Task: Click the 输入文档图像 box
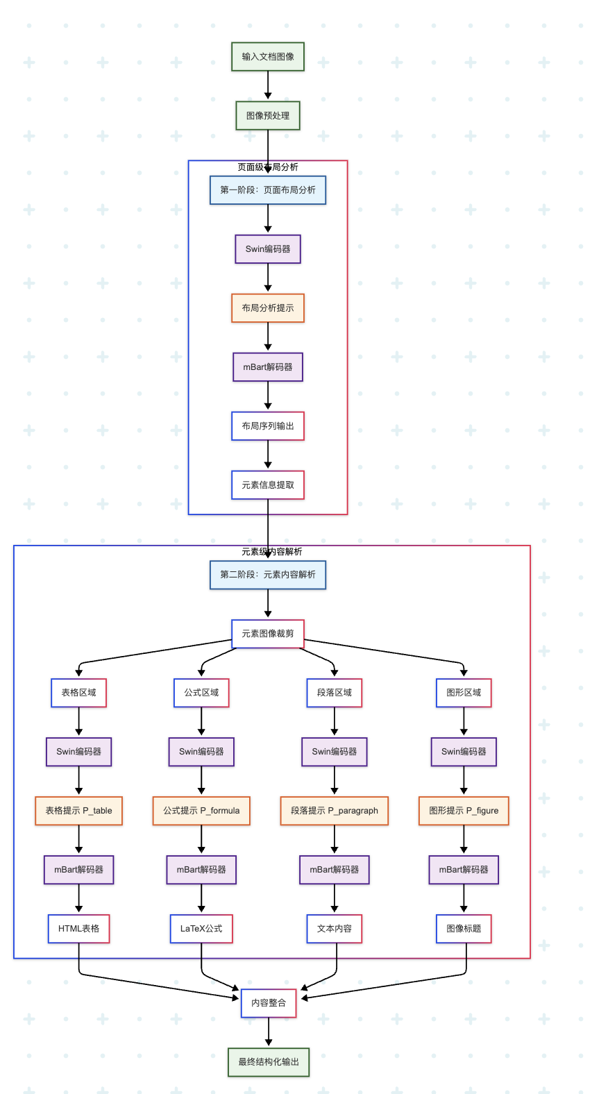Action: [268, 57]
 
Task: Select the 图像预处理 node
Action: [268, 116]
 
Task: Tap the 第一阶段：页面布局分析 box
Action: [268, 190]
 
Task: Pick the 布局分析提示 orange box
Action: [268, 308]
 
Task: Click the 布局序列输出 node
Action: [268, 426]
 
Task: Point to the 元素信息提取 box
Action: [268, 485]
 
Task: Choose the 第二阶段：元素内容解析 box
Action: [268, 575]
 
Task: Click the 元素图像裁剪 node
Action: [268, 634]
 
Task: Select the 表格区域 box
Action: [78, 693]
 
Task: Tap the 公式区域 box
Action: [201, 693]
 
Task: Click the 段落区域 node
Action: [334, 693]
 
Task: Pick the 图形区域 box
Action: [464, 693]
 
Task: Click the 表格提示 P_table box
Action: [78, 811]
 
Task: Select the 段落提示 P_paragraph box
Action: [334, 811]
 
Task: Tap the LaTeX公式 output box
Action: [201, 928]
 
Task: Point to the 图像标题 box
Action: [464, 928]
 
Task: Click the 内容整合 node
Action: [269, 1003]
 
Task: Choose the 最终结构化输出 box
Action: [269, 1062]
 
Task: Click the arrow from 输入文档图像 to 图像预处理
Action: [268, 85]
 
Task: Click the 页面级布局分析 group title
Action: [268, 167]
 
